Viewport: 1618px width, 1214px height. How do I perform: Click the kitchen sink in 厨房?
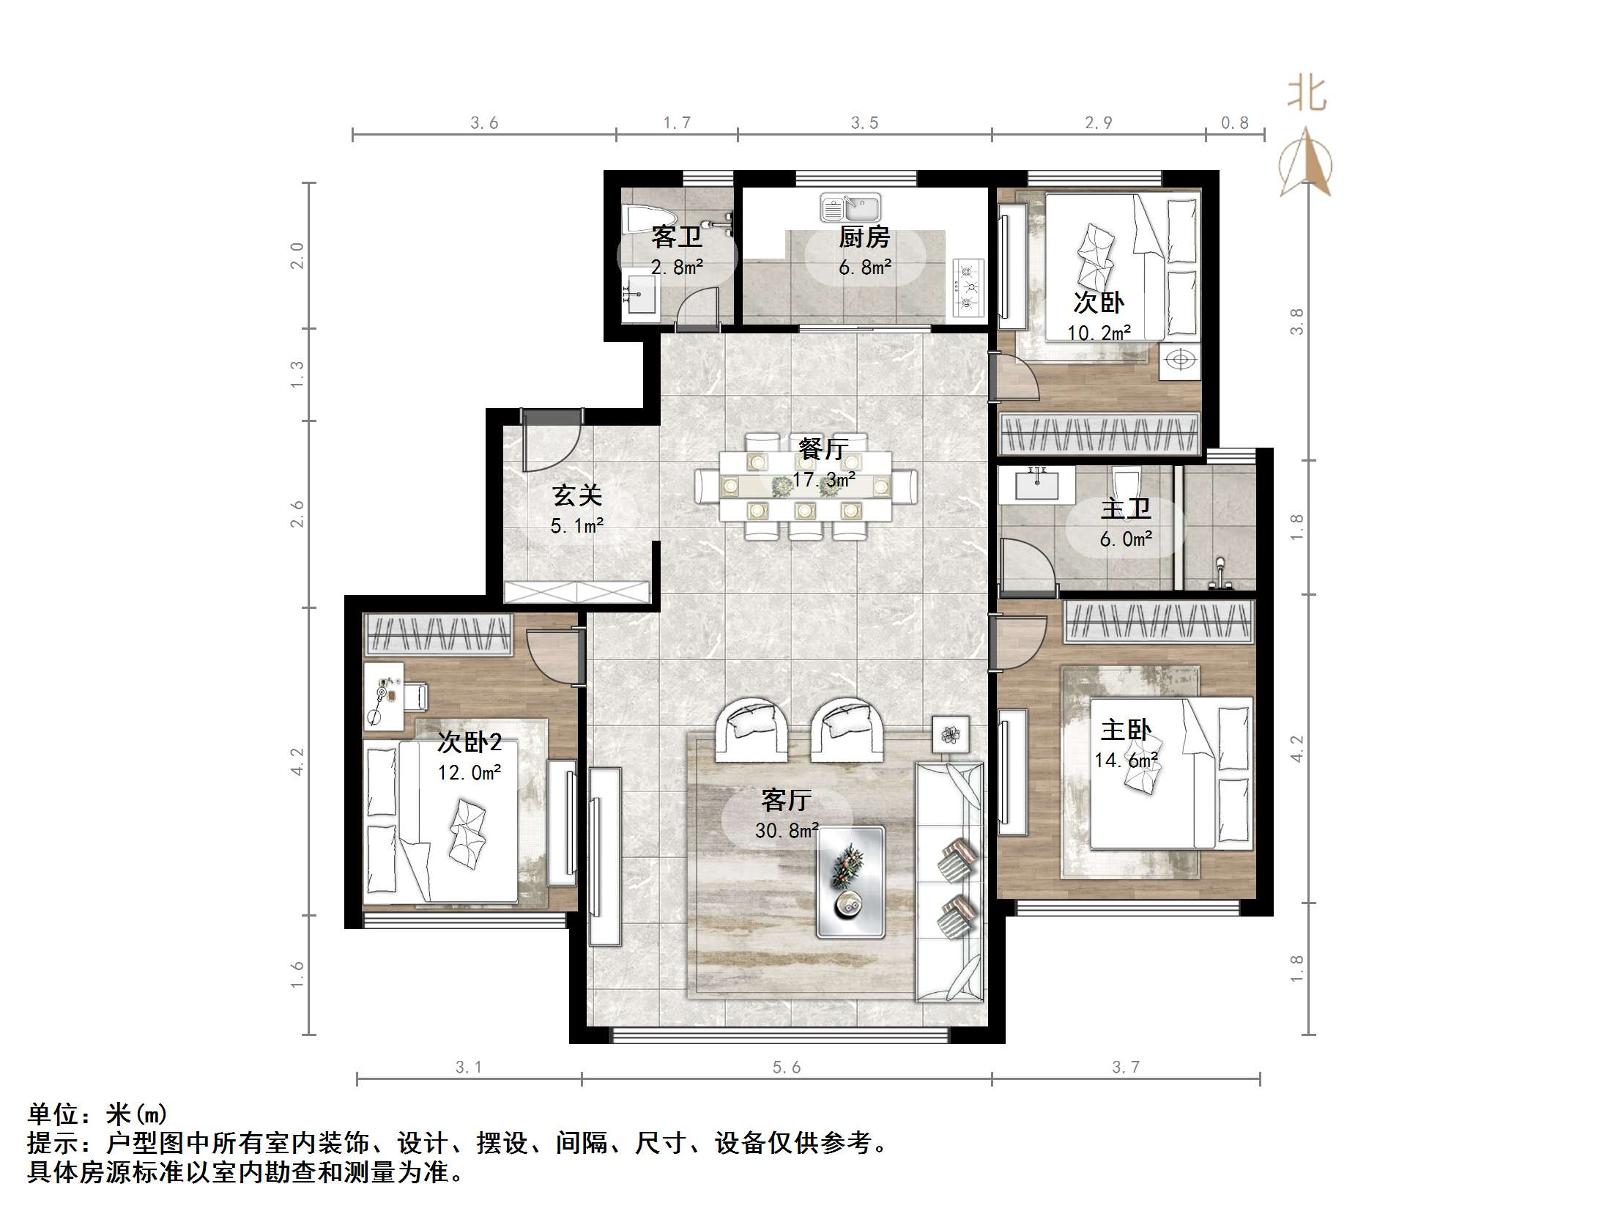[x=850, y=208]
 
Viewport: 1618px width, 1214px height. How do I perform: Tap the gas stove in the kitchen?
[x=968, y=288]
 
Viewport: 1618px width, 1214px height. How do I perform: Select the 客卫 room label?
[x=677, y=237]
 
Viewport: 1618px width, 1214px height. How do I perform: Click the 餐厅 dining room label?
[x=824, y=448]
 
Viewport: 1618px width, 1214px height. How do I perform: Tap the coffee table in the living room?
[x=850, y=882]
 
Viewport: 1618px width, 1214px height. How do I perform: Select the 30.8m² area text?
[x=787, y=831]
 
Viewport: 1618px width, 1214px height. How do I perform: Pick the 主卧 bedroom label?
[x=1126, y=730]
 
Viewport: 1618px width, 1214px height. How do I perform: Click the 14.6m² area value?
[x=1126, y=760]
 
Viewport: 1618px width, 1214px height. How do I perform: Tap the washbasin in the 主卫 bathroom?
[x=1036, y=484]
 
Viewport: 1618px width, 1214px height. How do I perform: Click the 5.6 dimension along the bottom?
[x=787, y=1067]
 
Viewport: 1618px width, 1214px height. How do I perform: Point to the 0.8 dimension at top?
[x=1234, y=123]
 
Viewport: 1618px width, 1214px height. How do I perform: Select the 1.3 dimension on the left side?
[x=297, y=374]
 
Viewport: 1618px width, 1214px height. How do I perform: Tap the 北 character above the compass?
[x=1307, y=95]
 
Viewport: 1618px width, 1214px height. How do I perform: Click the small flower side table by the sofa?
[x=951, y=735]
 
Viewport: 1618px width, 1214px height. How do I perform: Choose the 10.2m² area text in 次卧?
[x=1098, y=333]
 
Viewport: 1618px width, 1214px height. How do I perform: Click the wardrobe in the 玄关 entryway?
[x=577, y=592]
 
